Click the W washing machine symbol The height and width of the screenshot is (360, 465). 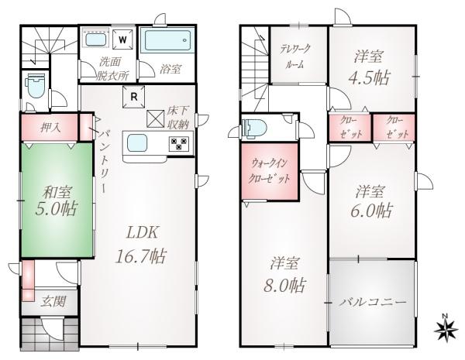point(122,39)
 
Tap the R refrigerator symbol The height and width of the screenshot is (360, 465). point(134,97)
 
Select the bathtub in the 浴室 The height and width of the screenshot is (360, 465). point(167,41)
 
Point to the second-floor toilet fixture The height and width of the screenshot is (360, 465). point(254,128)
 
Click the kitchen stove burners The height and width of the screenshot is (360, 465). point(179,144)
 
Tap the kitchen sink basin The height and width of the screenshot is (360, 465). point(137,142)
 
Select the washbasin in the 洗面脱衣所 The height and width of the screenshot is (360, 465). point(96,39)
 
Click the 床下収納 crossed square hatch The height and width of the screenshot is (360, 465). point(156,118)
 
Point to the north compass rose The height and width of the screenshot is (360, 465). point(446,328)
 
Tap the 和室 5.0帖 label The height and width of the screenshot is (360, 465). point(56,201)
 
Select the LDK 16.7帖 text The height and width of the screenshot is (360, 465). point(140,245)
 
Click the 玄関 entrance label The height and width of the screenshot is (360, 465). point(53,302)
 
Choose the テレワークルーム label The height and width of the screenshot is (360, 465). point(295,57)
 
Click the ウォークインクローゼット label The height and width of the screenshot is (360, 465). point(269,171)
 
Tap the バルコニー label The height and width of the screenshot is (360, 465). point(373,303)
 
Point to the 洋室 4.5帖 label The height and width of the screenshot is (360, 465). point(369,67)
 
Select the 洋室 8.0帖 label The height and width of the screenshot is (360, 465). point(284,275)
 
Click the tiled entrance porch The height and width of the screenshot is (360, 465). point(50,334)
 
